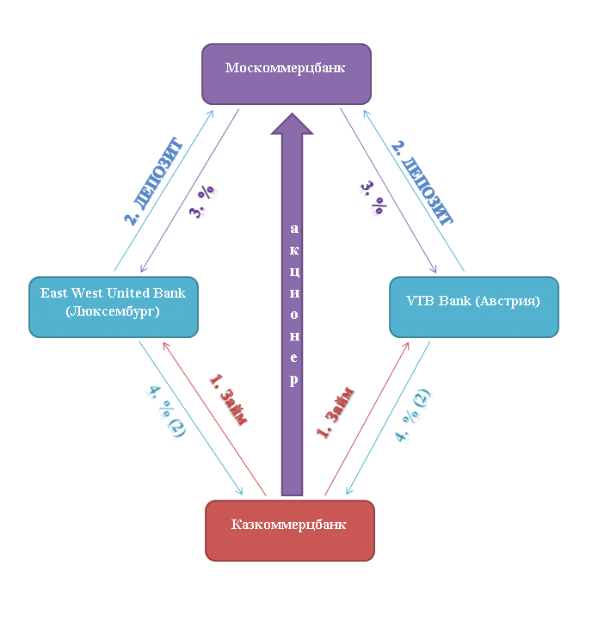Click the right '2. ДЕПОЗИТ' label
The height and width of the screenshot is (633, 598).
point(422,180)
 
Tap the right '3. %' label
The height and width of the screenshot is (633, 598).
point(372,200)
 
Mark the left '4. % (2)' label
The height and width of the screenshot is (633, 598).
point(164,412)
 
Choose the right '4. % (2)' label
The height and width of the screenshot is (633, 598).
point(413,415)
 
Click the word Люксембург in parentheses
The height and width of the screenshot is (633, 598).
point(113,313)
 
